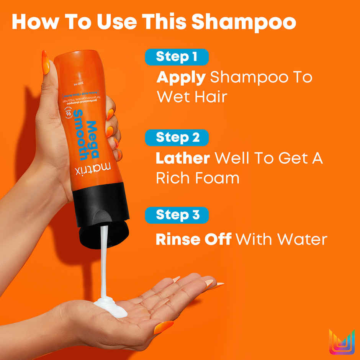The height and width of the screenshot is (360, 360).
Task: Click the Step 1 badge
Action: coord(177,57)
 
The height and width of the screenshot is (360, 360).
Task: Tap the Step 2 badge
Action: coord(177,138)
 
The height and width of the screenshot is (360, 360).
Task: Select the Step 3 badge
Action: coord(177,215)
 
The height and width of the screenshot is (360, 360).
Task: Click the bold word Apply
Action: coord(181,78)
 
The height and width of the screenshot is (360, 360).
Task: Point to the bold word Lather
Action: coord(183,159)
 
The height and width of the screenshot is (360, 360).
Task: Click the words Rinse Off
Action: coord(193,239)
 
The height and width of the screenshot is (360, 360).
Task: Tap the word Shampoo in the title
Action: coord(244,22)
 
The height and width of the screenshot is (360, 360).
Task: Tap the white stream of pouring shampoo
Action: coord(103,264)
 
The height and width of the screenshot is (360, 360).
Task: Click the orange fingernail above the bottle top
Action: coord(46,62)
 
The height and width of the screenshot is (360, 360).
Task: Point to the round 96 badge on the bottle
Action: coord(69,114)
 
